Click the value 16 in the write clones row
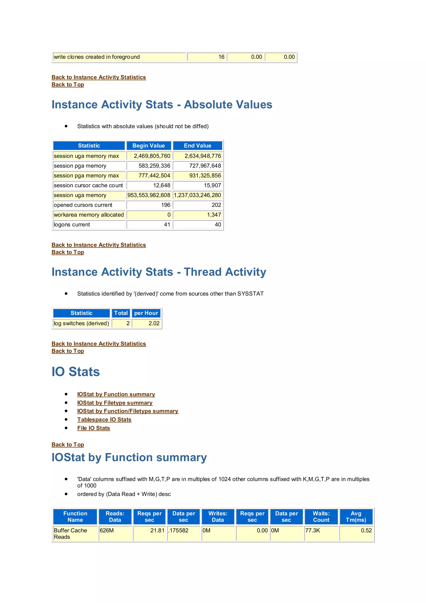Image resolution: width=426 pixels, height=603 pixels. tap(221, 57)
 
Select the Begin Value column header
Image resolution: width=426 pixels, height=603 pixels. tap(149, 146)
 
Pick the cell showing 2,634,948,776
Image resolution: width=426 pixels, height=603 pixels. tap(203, 156)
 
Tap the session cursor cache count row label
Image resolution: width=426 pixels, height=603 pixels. tap(88, 185)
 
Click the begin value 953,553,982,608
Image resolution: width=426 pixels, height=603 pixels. tap(149, 195)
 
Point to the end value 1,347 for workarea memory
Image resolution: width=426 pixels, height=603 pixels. tap(214, 215)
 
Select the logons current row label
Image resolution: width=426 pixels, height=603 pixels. tap(72, 224)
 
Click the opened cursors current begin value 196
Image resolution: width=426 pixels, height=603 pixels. tap(166, 205)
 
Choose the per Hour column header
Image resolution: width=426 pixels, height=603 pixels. tap(146, 313)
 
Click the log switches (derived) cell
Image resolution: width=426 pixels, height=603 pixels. tap(81, 323)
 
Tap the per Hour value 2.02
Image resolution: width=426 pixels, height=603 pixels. tap(154, 323)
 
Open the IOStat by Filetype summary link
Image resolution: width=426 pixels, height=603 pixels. tap(115, 403)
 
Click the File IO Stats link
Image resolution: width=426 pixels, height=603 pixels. tap(94, 428)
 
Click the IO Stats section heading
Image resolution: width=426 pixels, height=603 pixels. tap(76, 372)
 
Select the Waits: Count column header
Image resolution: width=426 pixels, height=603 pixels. tap(321, 517)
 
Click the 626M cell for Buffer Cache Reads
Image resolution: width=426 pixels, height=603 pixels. tap(107, 530)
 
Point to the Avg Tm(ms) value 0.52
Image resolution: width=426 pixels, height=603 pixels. tap(366, 530)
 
